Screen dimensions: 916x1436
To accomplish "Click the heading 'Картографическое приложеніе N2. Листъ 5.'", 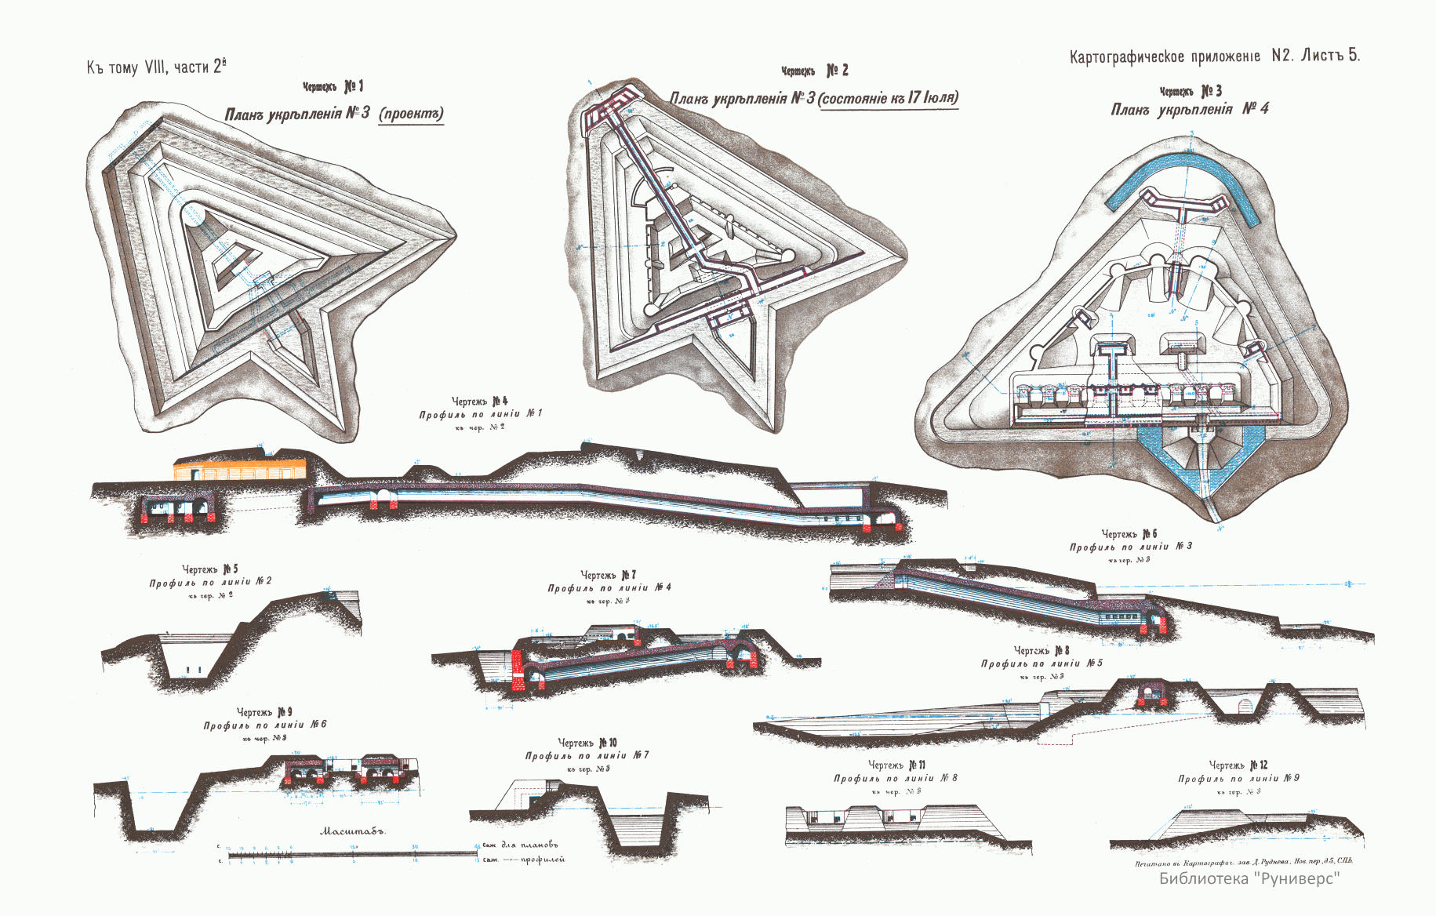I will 1214,56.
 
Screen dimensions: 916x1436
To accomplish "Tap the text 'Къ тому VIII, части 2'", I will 156,67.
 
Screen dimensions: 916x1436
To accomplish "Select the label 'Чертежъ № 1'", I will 333,86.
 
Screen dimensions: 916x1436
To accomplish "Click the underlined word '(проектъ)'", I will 411,114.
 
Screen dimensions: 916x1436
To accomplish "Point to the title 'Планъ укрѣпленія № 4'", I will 1190,109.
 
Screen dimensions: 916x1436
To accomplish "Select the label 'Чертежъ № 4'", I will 479,402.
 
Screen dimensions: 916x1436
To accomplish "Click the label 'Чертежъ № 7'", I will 609,575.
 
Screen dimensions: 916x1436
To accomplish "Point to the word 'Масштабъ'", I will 353,831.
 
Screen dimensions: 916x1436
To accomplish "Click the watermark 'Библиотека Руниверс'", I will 1249,878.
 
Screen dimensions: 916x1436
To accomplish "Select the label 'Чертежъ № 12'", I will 1238,765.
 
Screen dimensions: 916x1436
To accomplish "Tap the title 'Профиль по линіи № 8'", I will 895,778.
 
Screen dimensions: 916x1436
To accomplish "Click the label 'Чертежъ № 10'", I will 587,742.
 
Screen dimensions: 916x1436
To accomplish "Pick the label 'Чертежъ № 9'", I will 265,712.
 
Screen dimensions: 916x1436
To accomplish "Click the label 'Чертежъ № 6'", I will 1129,534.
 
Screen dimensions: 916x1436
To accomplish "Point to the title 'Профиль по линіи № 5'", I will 1042,663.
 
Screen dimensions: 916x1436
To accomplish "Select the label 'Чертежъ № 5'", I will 210,569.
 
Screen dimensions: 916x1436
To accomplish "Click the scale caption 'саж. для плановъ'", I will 519,845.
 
